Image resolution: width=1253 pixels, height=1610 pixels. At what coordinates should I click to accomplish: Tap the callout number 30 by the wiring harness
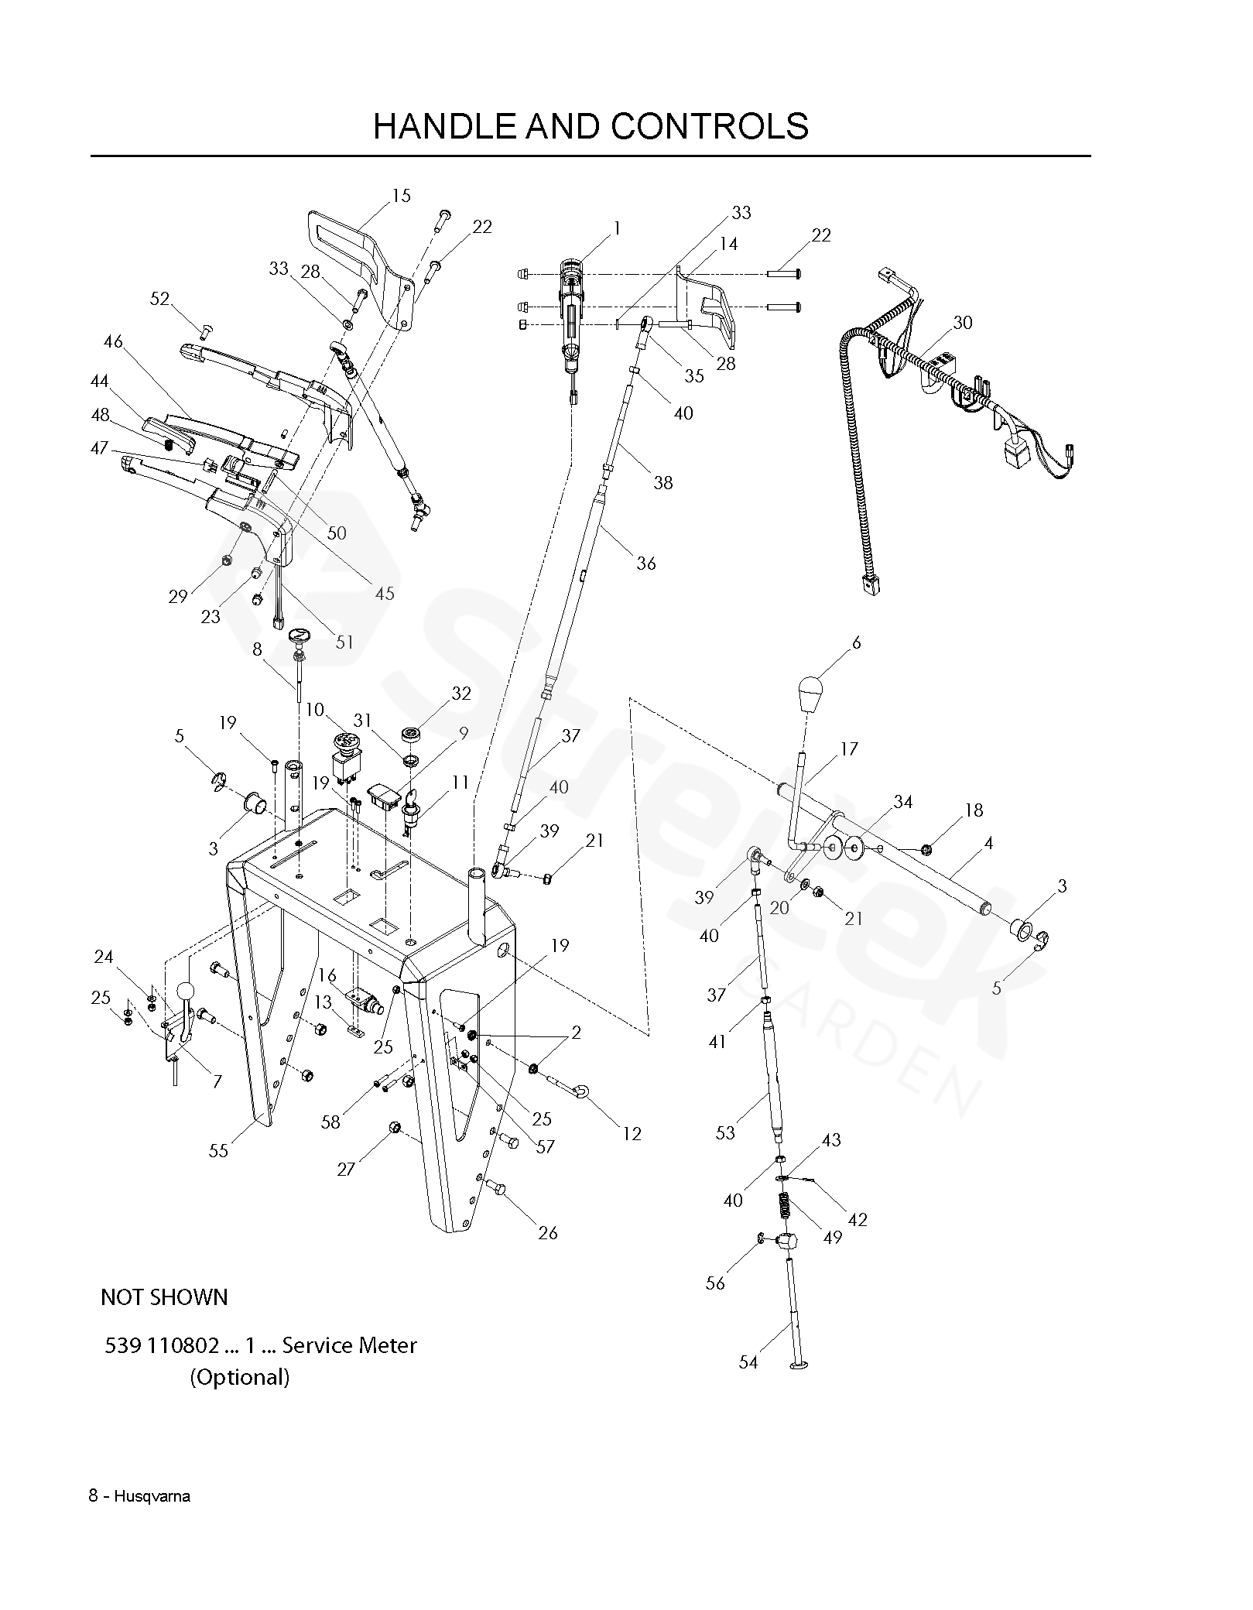pyautogui.click(x=962, y=322)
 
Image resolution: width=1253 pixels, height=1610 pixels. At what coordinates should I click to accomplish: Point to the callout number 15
pyautogui.click(x=401, y=196)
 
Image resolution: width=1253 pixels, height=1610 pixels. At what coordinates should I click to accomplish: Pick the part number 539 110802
pyautogui.click(x=162, y=1345)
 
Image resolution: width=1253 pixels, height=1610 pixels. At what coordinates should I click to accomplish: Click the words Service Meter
pyautogui.click(x=349, y=1345)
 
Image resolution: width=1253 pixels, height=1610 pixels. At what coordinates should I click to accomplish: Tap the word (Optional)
pyautogui.click(x=240, y=1378)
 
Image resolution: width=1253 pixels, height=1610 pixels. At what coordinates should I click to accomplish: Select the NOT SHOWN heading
pyautogui.click(x=164, y=1297)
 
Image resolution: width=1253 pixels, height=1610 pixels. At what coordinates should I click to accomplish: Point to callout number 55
pyautogui.click(x=218, y=1150)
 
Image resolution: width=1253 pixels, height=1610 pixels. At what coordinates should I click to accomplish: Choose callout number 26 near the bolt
pyautogui.click(x=547, y=1232)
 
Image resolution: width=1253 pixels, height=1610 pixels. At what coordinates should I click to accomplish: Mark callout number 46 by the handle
pyautogui.click(x=113, y=341)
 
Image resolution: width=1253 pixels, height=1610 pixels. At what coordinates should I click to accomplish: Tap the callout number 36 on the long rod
pyautogui.click(x=646, y=563)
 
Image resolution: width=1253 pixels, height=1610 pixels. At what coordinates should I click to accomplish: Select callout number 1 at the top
pyautogui.click(x=617, y=228)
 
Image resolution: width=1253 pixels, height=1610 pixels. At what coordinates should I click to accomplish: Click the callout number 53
pyautogui.click(x=725, y=1133)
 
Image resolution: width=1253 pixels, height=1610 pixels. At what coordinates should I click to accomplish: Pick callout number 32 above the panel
pyautogui.click(x=461, y=694)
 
